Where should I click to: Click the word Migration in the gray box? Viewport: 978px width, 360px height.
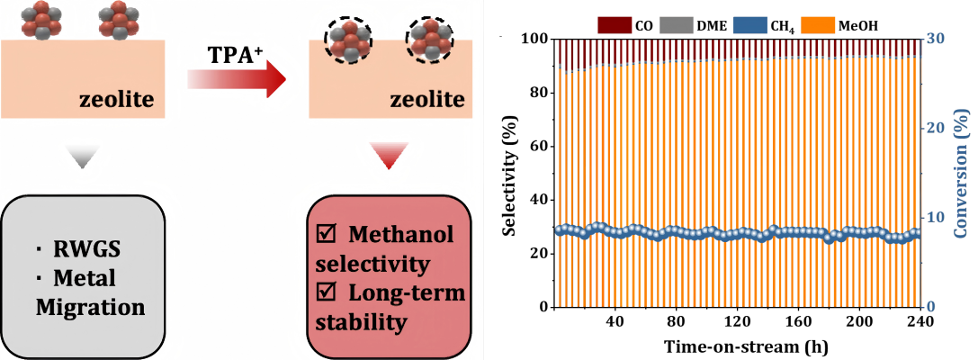(90, 307)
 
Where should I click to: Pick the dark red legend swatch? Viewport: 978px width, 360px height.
(615, 23)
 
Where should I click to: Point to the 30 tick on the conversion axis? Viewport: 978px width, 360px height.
(936, 39)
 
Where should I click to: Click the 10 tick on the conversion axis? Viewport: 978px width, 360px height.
(936, 217)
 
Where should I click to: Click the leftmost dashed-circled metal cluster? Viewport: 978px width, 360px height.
(345, 39)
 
